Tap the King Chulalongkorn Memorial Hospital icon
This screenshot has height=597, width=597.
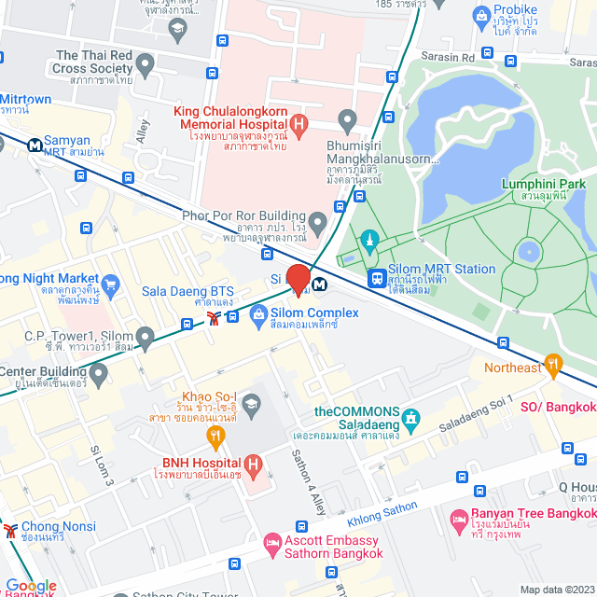(x=298, y=122)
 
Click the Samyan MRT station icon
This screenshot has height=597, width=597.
(x=34, y=145)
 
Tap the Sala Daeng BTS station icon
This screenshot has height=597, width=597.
(x=215, y=319)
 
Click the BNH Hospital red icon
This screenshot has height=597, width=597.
(x=252, y=464)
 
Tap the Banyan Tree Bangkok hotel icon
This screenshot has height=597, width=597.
(x=458, y=519)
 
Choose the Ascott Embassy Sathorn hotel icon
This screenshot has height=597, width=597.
(x=272, y=541)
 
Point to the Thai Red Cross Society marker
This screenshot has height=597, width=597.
(x=145, y=63)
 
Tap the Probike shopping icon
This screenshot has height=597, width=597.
(x=481, y=15)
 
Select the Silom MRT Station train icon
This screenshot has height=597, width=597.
(x=377, y=277)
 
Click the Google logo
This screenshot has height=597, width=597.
(x=31, y=586)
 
